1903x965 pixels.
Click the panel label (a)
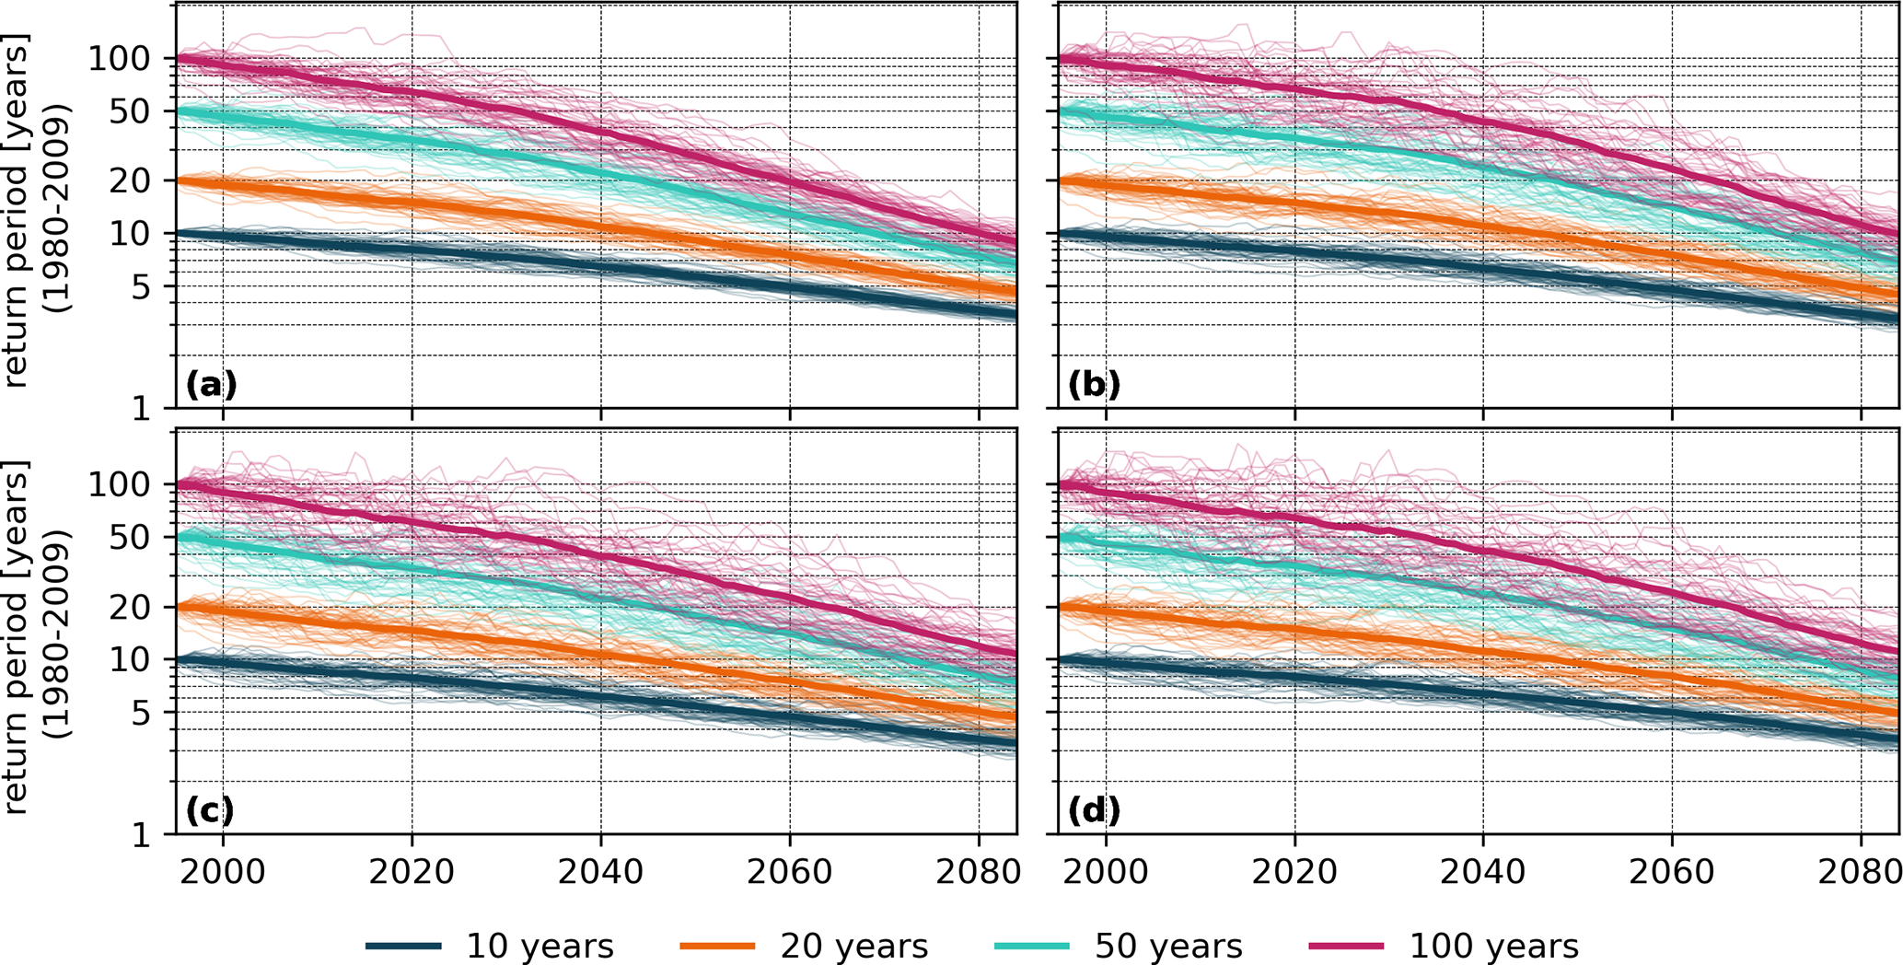click(x=211, y=383)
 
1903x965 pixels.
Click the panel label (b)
click(x=1094, y=383)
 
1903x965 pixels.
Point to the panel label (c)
click(x=210, y=810)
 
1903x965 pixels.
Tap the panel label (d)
click(x=1094, y=810)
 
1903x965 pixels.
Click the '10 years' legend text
click(x=540, y=946)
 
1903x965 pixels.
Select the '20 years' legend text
click(x=854, y=946)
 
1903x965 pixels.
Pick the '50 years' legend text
click(x=1168, y=946)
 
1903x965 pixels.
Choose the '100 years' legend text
click(x=1494, y=946)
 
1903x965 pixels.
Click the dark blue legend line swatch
click(x=403, y=946)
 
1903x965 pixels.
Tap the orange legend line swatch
click(x=717, y=946)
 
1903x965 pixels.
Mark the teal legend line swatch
click(x=1032, y=946)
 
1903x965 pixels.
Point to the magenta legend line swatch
click(x=1346, y=946)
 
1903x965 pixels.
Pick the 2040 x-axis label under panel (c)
click(x=601, y=871)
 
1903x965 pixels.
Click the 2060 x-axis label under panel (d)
click(x=1672, y=871)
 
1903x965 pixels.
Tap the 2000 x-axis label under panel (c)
click(x=223, y=871)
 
